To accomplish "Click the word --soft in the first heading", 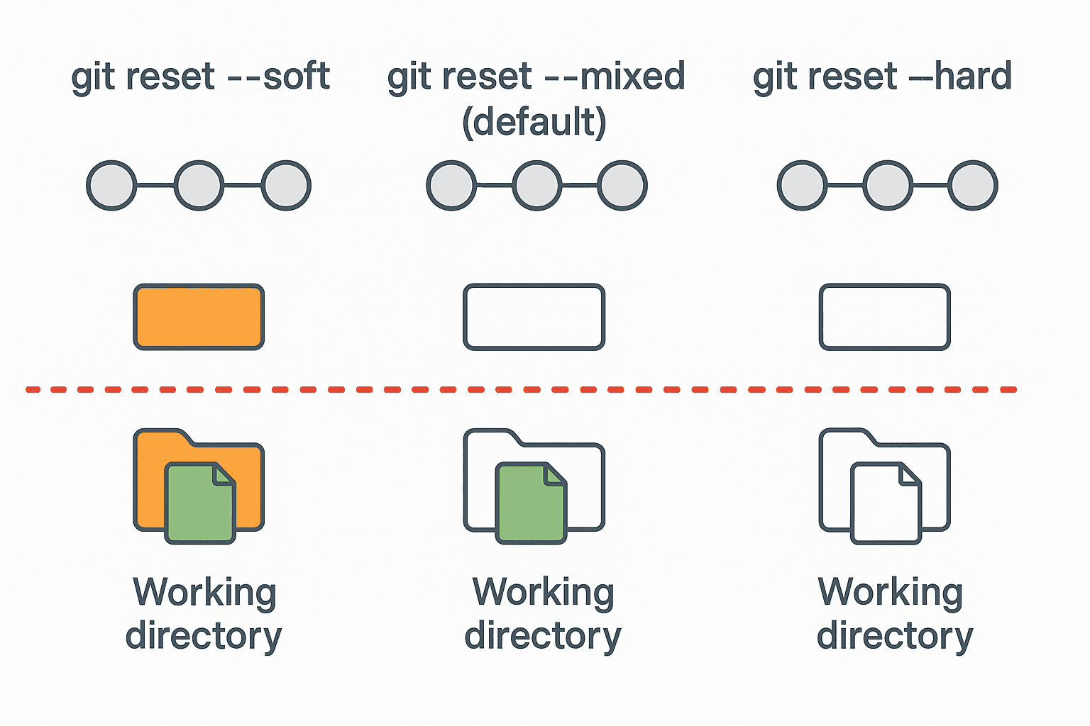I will tap(278, 76).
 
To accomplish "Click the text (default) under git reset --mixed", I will tap(534, 122).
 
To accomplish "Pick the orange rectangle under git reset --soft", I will tap(199, 317).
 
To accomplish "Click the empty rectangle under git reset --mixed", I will tap(534, 317).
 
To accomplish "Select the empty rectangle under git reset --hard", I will tap(884, 317).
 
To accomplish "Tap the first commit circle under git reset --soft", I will tap(111, 186).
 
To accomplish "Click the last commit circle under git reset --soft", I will tap(286, 186).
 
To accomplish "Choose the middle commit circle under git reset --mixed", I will tap(537, 186).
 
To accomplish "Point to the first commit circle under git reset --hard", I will tap(802, 186).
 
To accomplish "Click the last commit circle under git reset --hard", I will tap(973, 186).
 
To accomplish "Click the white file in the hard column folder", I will tap(886, 505).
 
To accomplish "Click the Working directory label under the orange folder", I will tap(204, 614).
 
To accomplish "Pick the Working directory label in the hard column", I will tap(894, 614).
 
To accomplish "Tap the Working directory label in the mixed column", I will tap(543, 614).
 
